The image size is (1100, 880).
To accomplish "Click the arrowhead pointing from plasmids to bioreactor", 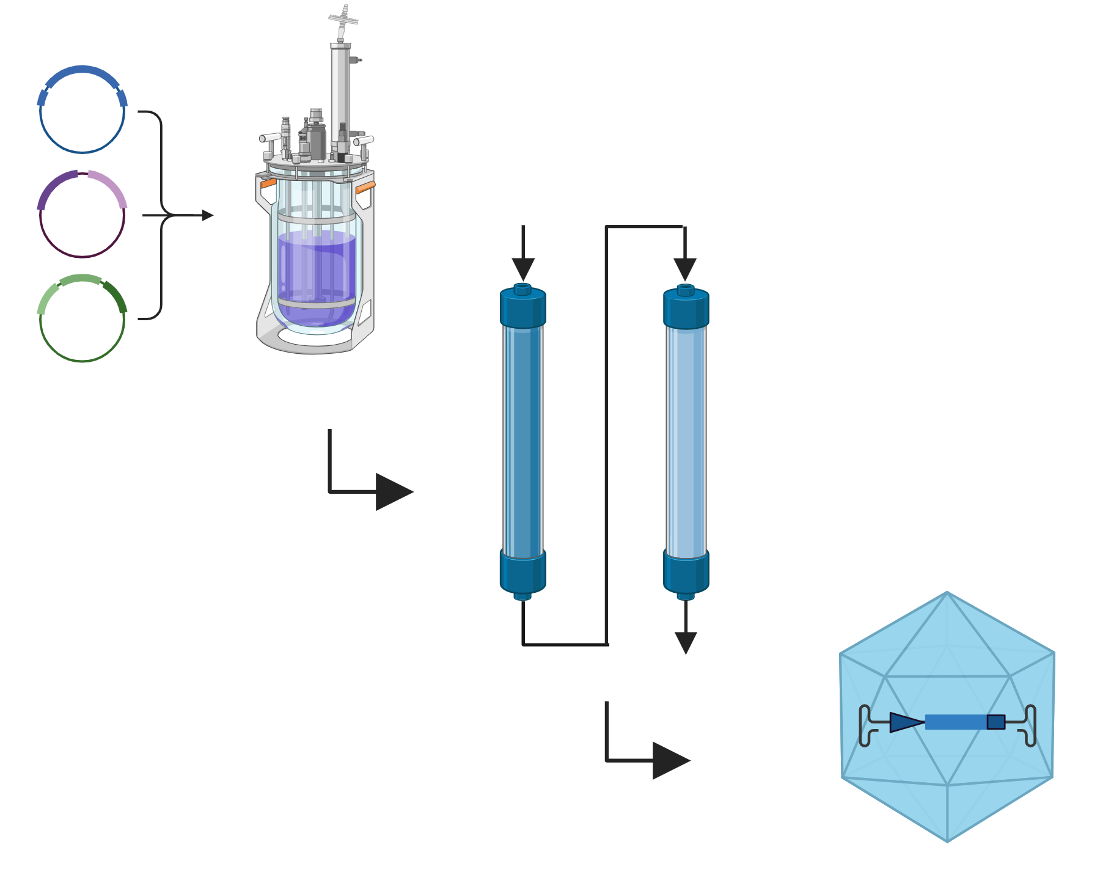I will pyautogui.click(x=208, y=215).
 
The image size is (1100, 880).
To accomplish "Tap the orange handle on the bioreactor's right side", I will pyautogui.click(x=365, y=187).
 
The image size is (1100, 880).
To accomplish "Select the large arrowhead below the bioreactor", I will pyautogui.click(x=393, y=491).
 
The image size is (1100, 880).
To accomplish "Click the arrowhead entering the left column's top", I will pyautogui.click(x=523, y=269).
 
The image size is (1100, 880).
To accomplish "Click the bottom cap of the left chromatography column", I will pyautogui.click(x=523, y=571).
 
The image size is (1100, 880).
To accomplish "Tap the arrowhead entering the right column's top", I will pyautogui.click(x=685, y=269).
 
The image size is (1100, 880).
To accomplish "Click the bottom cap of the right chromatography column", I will pyautogui.click(x=686, y=571).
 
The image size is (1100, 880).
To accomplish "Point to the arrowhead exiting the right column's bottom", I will pyautogui.click(x=686, y=643).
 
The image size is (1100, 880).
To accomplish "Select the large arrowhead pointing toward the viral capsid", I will pyautogui.click(x=670, y=761).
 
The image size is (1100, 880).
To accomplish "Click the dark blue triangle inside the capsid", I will pyautogui.click(x=905, y=722).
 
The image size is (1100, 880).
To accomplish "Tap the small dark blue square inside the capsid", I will pyautogui.click(x=996, y=722).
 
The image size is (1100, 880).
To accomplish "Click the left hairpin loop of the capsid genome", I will pyautogui.click(x=865, y=725).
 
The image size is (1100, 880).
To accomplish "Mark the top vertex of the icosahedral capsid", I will pyautogui.click(x=947, y=592).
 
